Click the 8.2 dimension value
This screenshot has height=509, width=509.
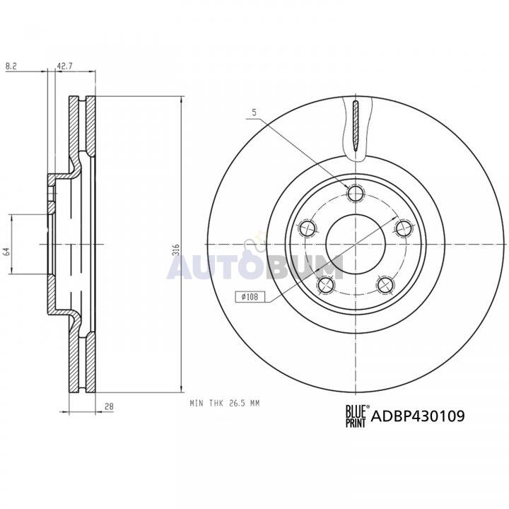click(x=11, y=66)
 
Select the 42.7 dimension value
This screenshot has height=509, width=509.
click(x=65, y=66)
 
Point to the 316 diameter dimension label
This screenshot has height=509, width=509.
click(x=175, y=250)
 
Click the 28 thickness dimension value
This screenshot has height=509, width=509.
click(x=110, y=406)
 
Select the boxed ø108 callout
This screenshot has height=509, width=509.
click(x=250, y=296)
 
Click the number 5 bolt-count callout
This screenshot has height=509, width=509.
click(x=255, y=112)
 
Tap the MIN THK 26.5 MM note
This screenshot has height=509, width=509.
click(x=225, y=404)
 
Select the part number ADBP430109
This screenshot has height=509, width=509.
click(x=418, y=416)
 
